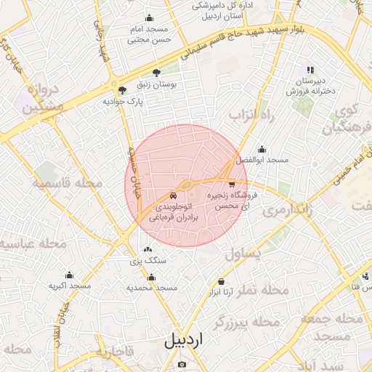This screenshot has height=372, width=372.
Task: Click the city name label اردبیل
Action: tap(184, 339)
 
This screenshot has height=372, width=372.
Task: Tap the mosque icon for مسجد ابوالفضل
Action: tap(262, 150)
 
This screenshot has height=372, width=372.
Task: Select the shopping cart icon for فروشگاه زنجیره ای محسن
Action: tap(232, 185)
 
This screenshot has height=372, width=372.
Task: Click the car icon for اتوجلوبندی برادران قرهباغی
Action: tap(172, 196)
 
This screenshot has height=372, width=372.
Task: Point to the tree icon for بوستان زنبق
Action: tap(156, 73)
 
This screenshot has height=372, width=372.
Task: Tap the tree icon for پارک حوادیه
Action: tap(122, 90)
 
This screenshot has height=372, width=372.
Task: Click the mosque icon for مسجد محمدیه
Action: tap(151, 277)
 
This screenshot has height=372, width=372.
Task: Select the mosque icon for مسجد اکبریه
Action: tap(70, 275)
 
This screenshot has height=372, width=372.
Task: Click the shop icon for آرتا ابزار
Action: tap(221, 282)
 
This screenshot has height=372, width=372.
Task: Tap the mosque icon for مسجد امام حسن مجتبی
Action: tap(150, 18)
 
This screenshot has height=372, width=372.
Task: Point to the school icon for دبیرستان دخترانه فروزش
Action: tap(310, 70)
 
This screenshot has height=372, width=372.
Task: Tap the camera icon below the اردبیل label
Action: tap(182, 364)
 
